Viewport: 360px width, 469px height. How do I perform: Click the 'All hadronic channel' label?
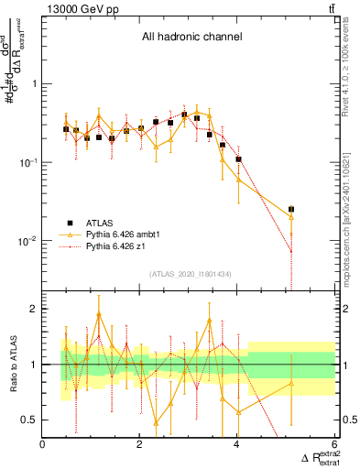(191, 38)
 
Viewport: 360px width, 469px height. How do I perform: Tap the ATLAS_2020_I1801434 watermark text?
(190, 275)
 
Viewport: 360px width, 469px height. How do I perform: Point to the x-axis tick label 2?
(140, 445)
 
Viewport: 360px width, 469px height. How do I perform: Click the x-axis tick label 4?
(237, 445)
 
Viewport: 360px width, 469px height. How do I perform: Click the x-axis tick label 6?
(334, 445)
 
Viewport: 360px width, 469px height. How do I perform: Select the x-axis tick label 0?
(43, 445)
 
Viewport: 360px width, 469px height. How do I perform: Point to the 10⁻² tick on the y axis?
(27, 242)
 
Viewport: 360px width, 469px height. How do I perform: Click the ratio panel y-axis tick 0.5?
(29, 420)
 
